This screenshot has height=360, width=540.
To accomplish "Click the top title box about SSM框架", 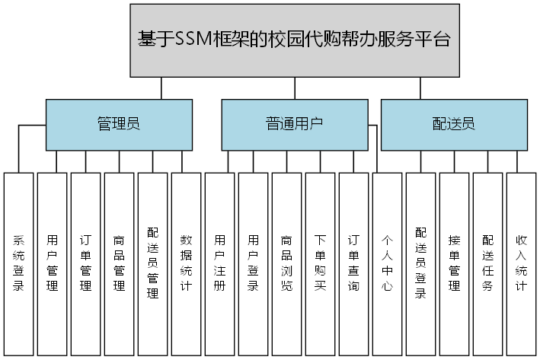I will pyautogui.click(x=294, y=40).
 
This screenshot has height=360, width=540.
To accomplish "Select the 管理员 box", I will pyautogui.click(x=118, y=125).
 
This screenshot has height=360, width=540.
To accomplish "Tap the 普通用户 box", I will pyautogui.click(x=294, y=125).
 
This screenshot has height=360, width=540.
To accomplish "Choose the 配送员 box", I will pyautogui.click(x=453, y=125).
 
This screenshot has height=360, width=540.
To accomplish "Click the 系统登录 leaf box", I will pyautogui.click(x=19, y=263).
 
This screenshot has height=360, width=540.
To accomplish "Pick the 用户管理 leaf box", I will pyautogui.click(x=53, y=263).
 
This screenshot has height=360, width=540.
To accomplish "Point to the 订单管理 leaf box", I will pyautogui.click(x=86, y=263).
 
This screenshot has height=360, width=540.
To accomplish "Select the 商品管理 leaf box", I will pyautogui.click(x=120, y=263).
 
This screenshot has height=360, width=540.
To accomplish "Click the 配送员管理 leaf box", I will pyautogui.click(x=153, y=263).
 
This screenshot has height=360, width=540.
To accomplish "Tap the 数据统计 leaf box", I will pyautogui.click(x=187, y=263).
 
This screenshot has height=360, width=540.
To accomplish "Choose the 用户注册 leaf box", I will pyautogui.click(x=220, y=263).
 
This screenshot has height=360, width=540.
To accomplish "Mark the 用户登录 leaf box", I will pyautogui.click(x=253, y=263).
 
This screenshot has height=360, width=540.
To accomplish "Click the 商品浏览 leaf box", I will pyautogui.click(x=286, y=263).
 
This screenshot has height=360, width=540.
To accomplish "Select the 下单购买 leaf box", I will pyautogui.click(x=320, y=263).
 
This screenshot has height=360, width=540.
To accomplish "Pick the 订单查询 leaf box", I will pyautogui.click(x=353, y=263).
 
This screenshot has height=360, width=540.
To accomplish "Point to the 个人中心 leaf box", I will pyautogui.click(x=387, y=263).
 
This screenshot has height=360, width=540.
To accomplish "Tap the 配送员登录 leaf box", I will pyautogui.click(x=420, y=263).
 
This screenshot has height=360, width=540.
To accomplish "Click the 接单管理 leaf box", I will pyautogui.click(x=454, y=263).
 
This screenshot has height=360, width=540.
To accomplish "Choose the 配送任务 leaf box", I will pyautogui.click(x=487, y=263).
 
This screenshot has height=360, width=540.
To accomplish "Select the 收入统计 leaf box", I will pyautogui.click(x=521, y=263).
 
